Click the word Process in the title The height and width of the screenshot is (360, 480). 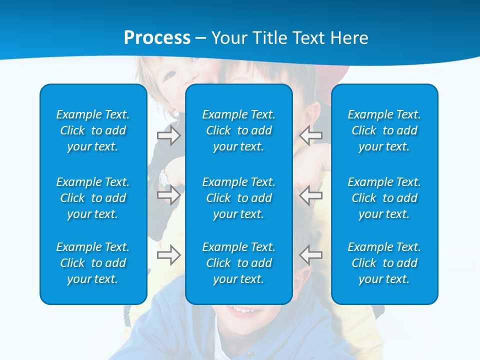click(157, 38)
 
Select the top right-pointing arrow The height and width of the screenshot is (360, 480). click(168, 135)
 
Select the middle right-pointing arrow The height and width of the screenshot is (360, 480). click(168, 194)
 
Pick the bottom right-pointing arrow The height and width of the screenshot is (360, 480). click(168, 255)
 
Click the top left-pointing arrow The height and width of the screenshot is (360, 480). click(311, 135)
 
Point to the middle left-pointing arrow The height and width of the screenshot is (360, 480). click(311, 194)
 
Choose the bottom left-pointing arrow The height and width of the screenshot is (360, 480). click(311, 254)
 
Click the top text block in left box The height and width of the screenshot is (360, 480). click(93, 130)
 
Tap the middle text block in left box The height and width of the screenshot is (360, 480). click(93, 198)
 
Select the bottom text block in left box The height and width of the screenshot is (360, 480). click(93, 263)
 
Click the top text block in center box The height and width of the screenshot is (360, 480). click(238, 130)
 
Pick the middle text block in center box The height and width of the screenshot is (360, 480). click(238, 198)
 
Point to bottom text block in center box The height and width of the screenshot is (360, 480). click(238, 263)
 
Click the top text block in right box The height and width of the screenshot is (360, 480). click(384, 130)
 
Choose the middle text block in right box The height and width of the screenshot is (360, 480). click(384, 198)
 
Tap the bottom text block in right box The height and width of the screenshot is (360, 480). click(384, 263)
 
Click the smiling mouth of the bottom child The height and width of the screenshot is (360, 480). click(243, 311)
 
